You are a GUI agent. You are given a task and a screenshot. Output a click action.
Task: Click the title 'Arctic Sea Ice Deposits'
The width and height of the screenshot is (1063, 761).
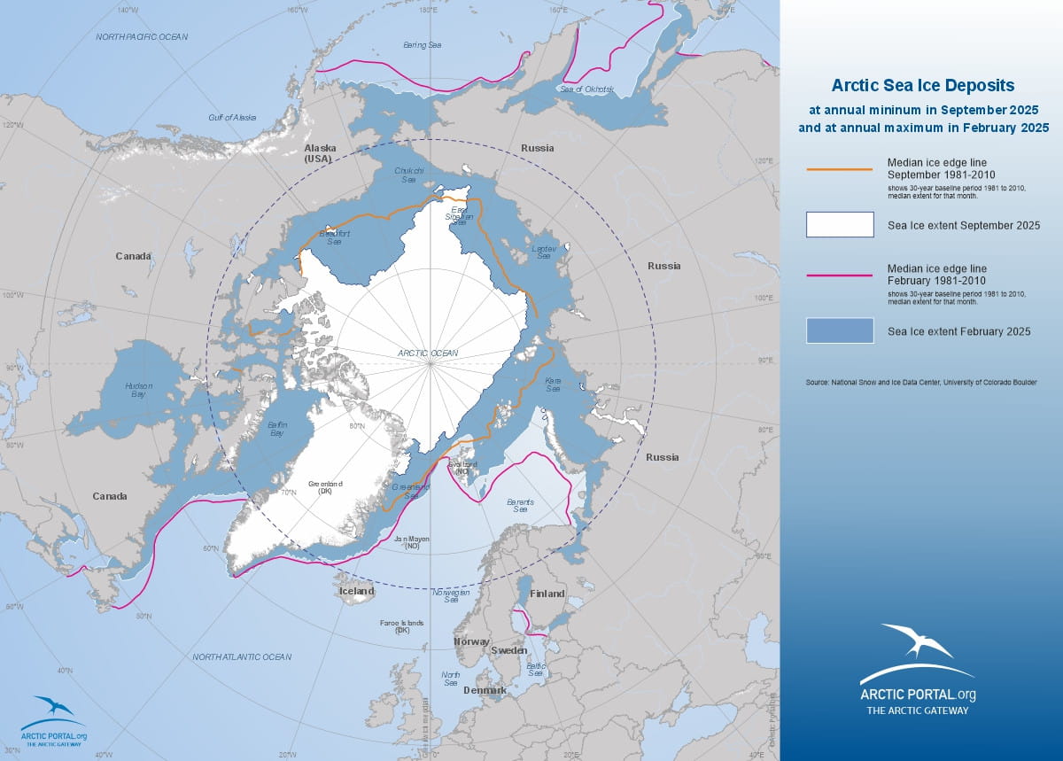click(x=922, y=86)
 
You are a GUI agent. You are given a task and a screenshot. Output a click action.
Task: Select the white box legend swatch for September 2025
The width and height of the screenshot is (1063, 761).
click(x=840, y=225)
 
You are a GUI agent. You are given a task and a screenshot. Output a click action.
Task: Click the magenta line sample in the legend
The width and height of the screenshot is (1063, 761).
click(x=840, y=276)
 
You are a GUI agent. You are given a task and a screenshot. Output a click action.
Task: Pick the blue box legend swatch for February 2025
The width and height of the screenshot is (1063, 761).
click(x=840, y=330)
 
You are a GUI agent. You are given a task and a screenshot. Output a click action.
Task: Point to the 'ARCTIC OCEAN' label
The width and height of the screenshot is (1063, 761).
click(x=428, y=353)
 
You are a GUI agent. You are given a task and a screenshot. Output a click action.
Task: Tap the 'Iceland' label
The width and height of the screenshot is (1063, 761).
click(x=356, y=591)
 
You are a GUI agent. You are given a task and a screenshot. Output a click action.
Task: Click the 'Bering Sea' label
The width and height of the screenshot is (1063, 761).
click(x=422, y=44)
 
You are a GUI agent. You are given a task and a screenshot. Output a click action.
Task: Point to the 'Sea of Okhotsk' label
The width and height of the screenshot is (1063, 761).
click(x=586, y=89)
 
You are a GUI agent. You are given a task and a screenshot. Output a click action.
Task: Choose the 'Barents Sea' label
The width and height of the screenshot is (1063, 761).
click(x=521, y=506)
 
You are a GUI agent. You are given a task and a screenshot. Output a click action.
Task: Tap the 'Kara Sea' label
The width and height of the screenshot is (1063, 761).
click(x=553, y=385)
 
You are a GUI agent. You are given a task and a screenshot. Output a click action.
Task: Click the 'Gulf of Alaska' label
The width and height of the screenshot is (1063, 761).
click(x=231, y=117)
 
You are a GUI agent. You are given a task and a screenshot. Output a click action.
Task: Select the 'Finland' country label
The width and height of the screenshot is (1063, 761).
click(x=547, y=594)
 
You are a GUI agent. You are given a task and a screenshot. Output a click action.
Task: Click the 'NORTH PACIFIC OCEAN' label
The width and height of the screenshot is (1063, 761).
click(x=142, y=36)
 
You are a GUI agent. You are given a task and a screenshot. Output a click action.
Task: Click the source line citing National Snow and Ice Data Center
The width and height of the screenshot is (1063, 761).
click(x=921, y=382)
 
